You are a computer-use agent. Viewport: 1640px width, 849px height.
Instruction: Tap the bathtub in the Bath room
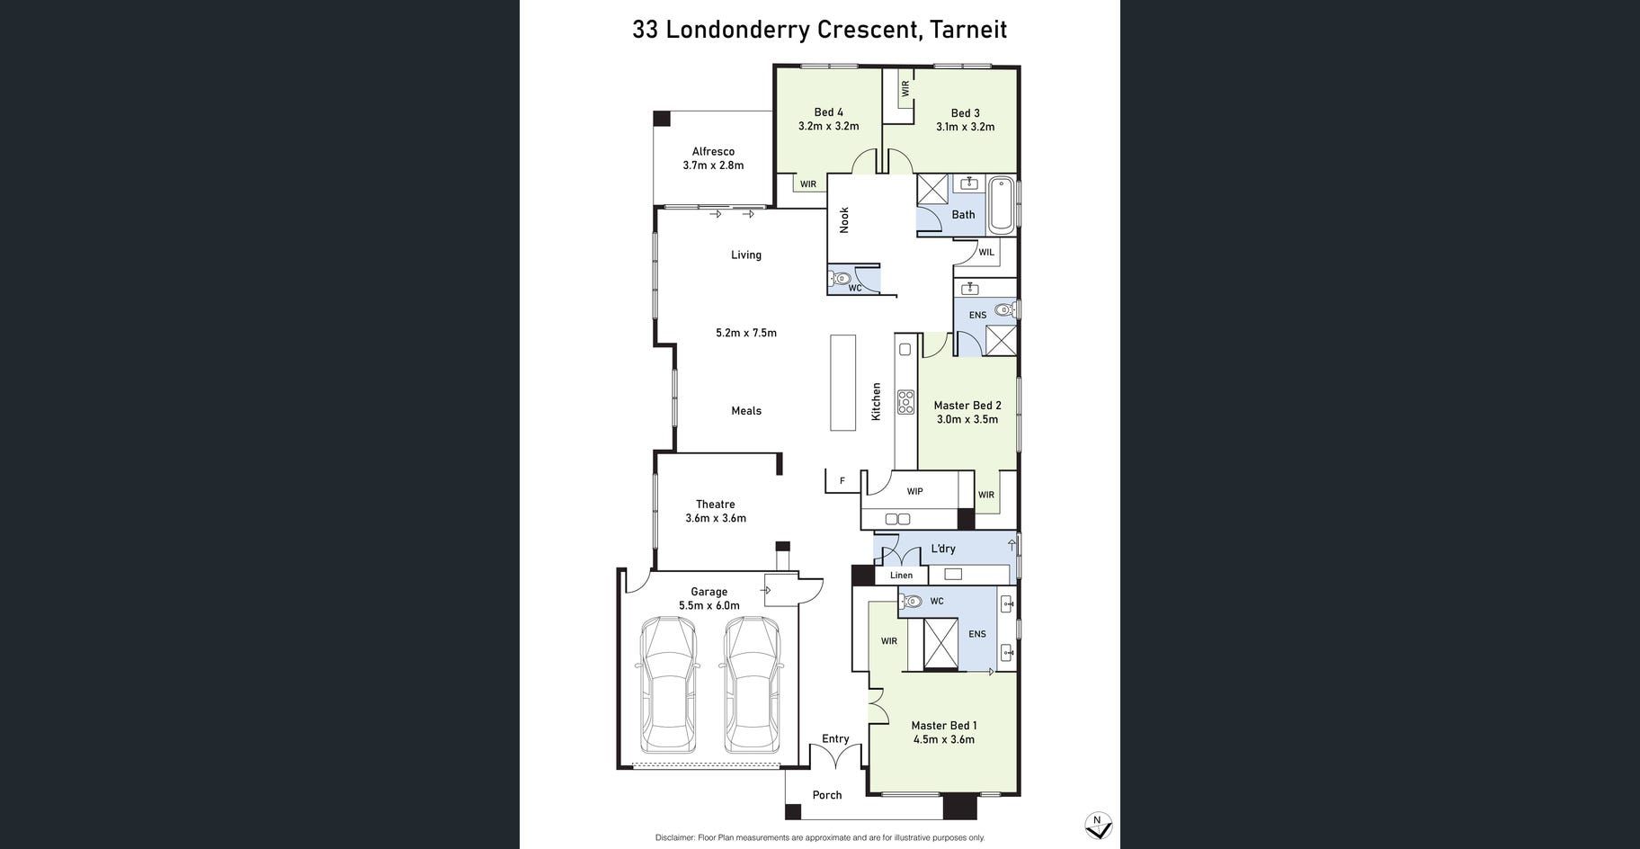click(x=1001, y=205)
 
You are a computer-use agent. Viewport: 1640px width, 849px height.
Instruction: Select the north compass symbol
click(x=1098, y=826)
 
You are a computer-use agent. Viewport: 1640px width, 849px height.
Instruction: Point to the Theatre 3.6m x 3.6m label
click(x=716, y=511)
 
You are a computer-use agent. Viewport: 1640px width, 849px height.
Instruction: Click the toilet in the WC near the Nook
click(x=840, y=278)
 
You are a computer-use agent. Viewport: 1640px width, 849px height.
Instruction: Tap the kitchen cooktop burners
click(x=905, y=402)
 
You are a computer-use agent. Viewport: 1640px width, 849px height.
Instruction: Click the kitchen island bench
click(x=842, y=382)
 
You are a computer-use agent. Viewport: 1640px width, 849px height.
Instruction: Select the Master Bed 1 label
click(x=944, y=726)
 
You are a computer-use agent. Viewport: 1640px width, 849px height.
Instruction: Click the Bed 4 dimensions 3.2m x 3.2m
click(x=829, y=127)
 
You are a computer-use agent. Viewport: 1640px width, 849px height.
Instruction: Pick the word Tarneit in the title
click(x=968, y=30)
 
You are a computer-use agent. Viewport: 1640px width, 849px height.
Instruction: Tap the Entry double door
click(x=836, y=755)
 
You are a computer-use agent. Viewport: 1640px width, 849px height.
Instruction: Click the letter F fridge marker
click(x=842, y=481)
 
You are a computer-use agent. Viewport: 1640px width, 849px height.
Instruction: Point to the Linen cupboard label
click(x=901, y=576)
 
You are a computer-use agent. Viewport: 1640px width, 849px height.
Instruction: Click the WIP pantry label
click(x=914, y=491)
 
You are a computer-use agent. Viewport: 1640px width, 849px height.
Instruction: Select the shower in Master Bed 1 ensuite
click(x=941, y=644)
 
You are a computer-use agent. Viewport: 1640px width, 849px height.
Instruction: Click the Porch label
click(x=827, y=795)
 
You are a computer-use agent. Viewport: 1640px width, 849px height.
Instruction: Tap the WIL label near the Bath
click(x=986, y=253)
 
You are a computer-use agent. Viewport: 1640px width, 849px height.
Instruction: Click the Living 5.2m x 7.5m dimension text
click(x=746, y=333)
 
